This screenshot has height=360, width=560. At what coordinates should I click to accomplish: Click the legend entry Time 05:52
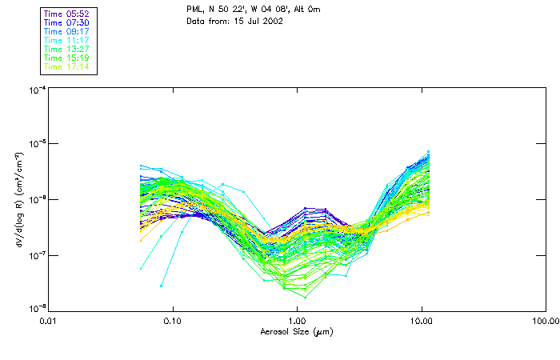tap(66, 14)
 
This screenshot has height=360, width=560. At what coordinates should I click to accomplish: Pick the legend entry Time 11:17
tap(66, 40)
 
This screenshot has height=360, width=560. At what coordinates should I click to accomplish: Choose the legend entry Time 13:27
tap(66, 49)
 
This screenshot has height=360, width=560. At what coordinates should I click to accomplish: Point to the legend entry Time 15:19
tap(66, 58)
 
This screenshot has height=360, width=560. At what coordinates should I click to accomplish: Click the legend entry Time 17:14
tap(66, 66)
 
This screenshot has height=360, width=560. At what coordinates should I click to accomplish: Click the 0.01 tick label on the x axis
tap(49, 321)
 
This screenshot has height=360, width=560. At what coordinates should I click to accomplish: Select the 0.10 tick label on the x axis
tap(173, 321)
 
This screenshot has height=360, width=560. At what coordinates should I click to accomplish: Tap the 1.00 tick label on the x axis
tap(297, 321)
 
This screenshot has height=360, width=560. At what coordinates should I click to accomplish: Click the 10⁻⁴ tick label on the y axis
tap(37, 90)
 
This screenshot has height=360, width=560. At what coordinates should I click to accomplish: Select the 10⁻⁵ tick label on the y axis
tap(37, 144)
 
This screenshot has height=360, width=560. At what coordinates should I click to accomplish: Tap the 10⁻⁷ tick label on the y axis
tap(37, 255)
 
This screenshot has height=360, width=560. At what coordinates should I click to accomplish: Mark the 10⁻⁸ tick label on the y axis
tap(37, 309)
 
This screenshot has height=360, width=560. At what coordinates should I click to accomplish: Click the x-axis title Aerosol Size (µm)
tap(297, 331)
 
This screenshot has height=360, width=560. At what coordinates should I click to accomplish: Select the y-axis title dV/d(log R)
tap(18, 199)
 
